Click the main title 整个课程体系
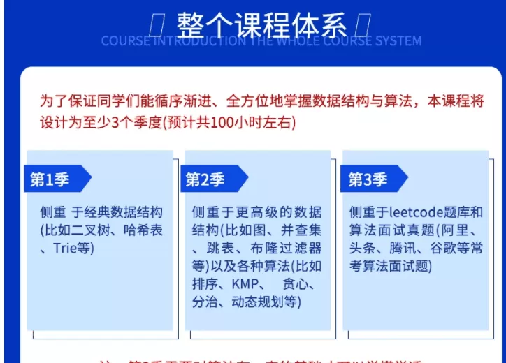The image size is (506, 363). pos(261,27)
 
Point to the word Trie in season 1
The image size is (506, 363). pos(68,248)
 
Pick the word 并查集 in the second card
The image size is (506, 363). pos(301,230)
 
